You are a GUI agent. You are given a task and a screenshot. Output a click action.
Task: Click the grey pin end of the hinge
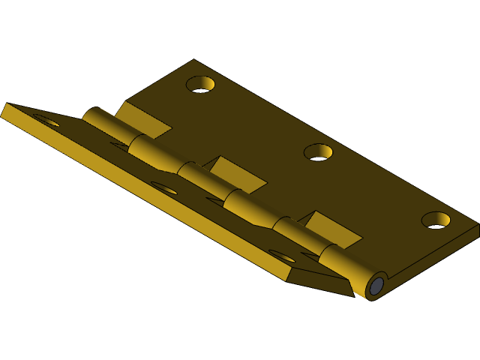pyautogui.click(x=376, y=286)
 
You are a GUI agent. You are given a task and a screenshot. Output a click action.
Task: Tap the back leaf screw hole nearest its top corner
pyautogui.click(x=201, y=84)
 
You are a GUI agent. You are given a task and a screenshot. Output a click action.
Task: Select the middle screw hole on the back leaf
pyautogui.click(x=318, y=152)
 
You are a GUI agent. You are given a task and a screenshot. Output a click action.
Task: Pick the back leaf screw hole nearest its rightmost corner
pyautogui.click(x=436, y=220)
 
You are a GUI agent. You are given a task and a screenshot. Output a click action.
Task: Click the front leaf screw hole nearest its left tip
pyautogui.click(x=45, y=120)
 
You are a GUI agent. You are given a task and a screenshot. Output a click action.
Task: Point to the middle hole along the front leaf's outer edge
pyautogui.click(x=163, y=187)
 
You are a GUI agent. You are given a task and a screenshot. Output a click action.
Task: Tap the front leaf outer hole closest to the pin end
pyautogui.click(x=282, y=256)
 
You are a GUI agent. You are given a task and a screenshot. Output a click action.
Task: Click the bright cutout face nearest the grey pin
pyautogui.click(x=334, y=229)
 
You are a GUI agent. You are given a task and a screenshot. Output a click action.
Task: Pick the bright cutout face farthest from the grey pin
pyautogui.click(x=142, y=120)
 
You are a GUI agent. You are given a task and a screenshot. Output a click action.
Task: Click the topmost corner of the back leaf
pyautogui.click(x=193, y=61)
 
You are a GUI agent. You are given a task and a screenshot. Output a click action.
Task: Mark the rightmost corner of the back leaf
pyautogui.click(x=477, y=225)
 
